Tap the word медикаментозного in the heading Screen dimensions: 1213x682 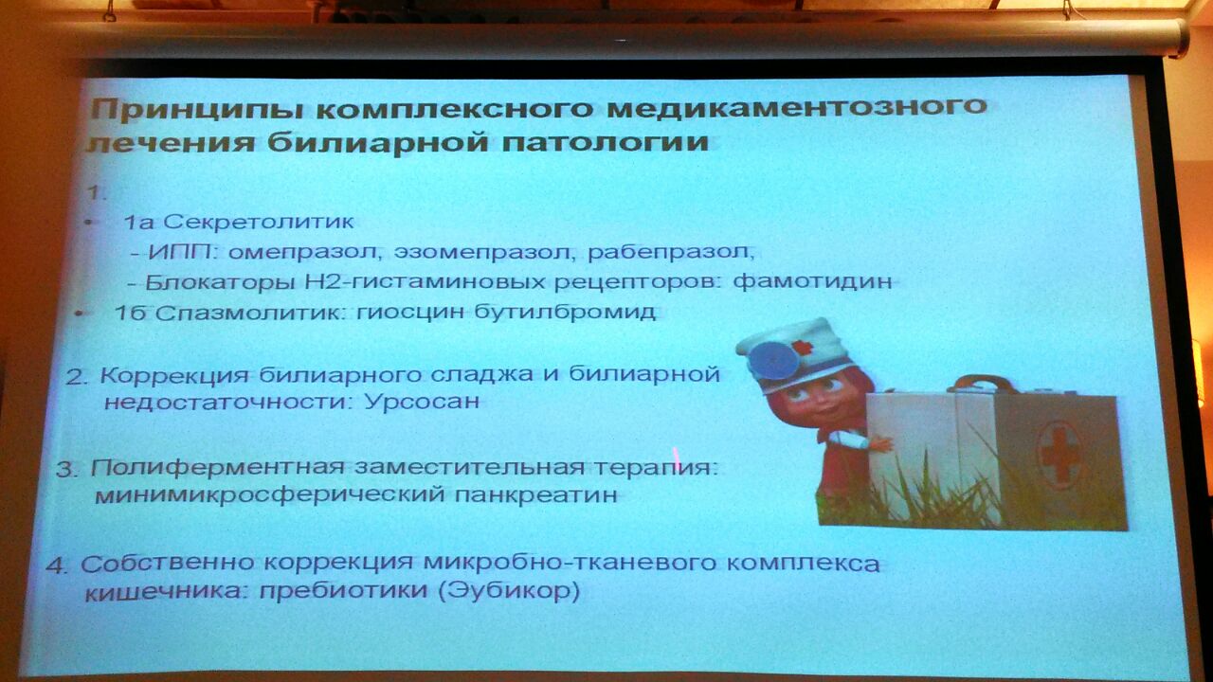(x=795, y=106)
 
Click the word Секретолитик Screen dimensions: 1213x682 (x=258, y=222)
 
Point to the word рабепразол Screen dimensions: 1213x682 (x=668, y=252)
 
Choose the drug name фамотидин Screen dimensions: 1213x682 (x=812, y=281)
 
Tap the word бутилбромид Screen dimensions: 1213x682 (x=566, y=312)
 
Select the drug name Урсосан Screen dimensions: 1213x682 (x=423, y=401)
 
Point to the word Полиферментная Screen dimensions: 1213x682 (x=217, y=468)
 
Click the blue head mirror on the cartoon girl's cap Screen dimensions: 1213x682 (x=775, y=360)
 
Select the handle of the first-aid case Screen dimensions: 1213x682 (x=980, y=384)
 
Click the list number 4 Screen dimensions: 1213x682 (x=56, y=565)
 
